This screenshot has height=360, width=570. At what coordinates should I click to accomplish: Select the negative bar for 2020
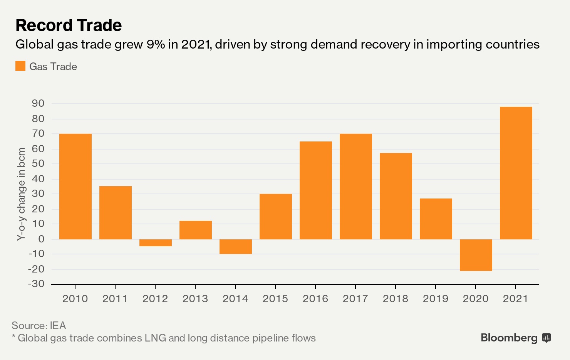point(476,255)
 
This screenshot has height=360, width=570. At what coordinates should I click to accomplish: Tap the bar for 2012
point(155,242)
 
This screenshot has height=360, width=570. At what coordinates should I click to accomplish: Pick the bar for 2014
point(235,246)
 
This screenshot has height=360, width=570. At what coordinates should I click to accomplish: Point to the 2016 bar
point(315,190)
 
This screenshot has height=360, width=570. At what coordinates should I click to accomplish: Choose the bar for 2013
point(195,230)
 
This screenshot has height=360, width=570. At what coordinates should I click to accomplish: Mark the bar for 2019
point(436,219)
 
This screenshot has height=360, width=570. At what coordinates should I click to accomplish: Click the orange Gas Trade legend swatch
point(20,66)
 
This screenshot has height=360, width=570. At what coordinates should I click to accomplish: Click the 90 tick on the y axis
point(38,103)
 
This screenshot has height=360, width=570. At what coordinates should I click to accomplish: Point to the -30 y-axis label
point(36,284)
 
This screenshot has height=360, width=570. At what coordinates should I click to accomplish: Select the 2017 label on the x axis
point(355,299)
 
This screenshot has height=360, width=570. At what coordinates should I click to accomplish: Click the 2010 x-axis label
point(75,299)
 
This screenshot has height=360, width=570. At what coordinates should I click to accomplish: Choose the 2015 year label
point(275,299)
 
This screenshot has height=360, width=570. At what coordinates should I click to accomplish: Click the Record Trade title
point(69,25)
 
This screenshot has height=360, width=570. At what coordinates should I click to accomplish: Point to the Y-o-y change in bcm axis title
point(21,194)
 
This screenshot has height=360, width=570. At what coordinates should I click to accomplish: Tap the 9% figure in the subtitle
point(156,44)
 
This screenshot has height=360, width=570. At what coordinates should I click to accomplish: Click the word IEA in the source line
point(58,326)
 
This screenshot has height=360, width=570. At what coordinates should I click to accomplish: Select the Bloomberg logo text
point(509,338)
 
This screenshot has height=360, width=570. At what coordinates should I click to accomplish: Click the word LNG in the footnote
point(155,338)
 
